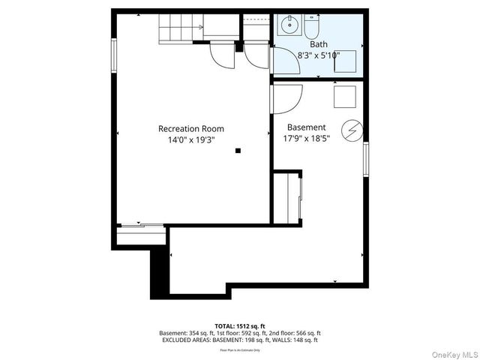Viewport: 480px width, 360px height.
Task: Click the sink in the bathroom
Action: click(289, 27)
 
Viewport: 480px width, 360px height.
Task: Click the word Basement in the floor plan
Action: click(306, 127)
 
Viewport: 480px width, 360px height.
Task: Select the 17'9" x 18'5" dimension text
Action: click(306, 139)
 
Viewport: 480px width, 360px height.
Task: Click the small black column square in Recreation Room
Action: click(238, 151)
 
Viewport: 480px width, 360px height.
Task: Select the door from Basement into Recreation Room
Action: click(287, 95)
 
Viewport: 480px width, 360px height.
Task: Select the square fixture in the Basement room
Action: click(344, 95)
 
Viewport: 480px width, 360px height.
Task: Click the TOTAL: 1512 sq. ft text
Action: click(240, 325)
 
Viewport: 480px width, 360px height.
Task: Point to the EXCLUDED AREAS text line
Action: click(240, 340)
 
